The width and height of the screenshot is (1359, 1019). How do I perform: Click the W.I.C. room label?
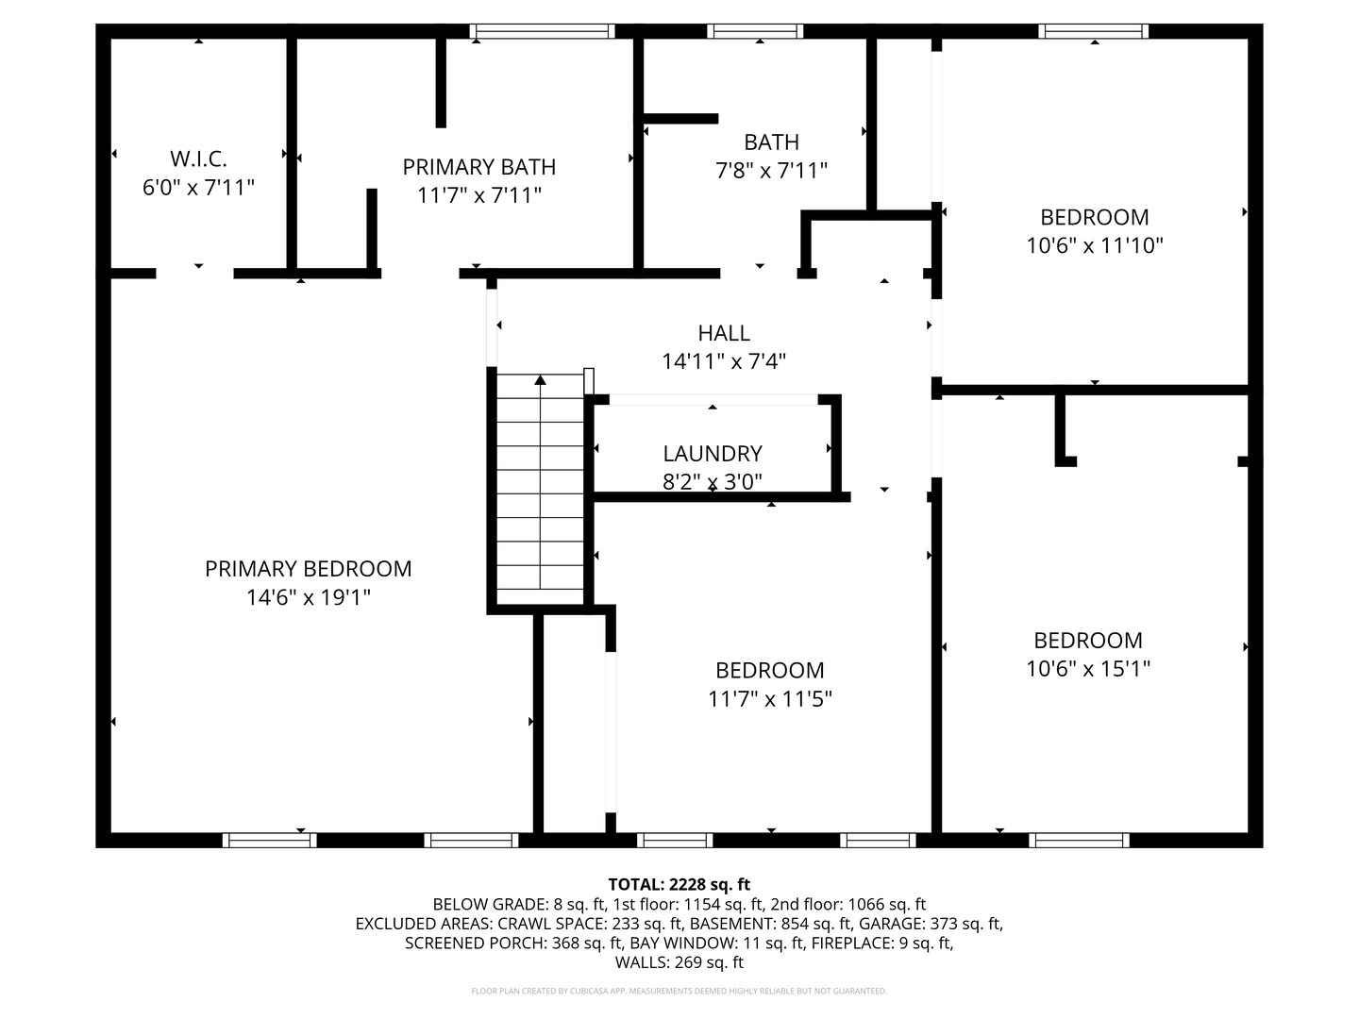pyautogui.click(x=198, y=159)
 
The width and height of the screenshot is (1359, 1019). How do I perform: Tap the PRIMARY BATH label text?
pyautogui.click(x=478, y=167)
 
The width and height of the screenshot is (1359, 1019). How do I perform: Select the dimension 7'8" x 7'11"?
pyautogui.click(x=771, y=170)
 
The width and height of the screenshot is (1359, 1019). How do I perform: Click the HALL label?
pyautogui.click(x=723, y=333)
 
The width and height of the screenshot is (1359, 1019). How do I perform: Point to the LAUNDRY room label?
pyautogui.click(x=712, y=454)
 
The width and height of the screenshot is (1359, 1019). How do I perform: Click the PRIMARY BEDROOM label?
pyautogui.click(x=308, y=569)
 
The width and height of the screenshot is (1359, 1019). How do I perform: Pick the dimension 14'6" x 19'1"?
pyautogui.click(x=308, y=597)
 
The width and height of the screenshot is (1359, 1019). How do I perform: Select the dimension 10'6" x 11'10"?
pyautogui.click(x=1094, y=245)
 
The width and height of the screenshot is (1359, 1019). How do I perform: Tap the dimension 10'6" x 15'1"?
pyautogui.click(x=1088, y=669)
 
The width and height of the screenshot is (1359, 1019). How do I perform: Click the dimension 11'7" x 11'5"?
pyautogui.click(x=769, y=699)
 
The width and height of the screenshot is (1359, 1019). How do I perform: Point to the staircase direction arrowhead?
pyautogui.click(x=540, y=379)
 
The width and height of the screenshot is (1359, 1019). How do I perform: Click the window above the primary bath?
pyautogui.click(x=542, y=31)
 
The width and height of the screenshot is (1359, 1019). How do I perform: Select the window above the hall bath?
pyautogui.click(x=755, y=31)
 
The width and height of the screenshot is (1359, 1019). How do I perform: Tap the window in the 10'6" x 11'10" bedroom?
pyautogui.click(x=1093, y=31)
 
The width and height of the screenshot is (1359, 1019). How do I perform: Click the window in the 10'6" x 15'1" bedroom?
pyautogui.click(x=1079, y=840)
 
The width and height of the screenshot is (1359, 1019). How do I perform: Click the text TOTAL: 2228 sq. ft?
pyautogui.click(x=679, y=884)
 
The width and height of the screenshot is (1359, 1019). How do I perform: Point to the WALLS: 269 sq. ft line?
pyautogui.click(x=679, y=962)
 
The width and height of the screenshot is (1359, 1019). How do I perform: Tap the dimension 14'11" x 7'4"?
pyautogui.click(x=723, y=361)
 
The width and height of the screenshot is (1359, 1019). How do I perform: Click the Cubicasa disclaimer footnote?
pyautogui.click(x=679, y=991)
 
